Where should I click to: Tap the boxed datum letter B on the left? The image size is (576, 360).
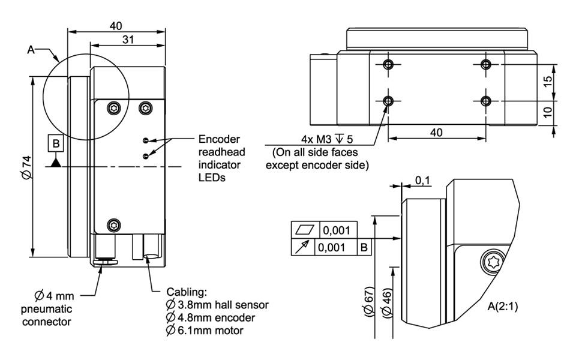56,143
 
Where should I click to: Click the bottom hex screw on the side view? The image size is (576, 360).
115,225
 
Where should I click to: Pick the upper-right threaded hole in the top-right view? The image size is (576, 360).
486,64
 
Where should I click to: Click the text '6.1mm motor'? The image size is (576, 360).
207,330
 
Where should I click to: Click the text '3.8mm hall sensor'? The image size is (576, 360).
223,305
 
